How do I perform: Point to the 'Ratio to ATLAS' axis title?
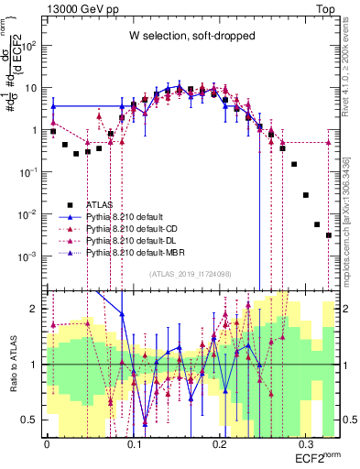11,364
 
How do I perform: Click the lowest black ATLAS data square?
328,235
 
